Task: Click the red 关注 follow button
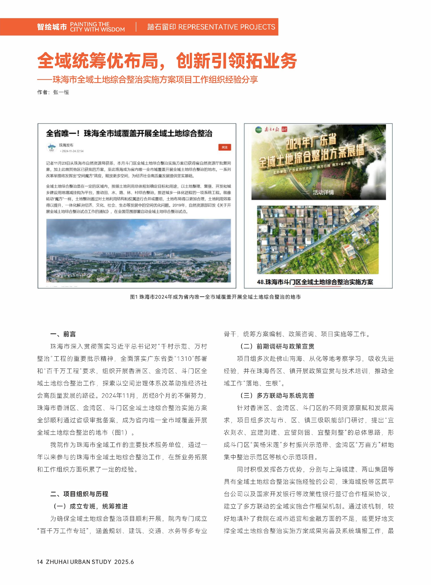pos(224,147)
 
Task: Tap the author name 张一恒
pos(61,92)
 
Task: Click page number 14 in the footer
pos(40,562)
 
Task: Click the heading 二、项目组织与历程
pos(79,494)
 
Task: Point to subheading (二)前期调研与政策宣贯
pos(277,346)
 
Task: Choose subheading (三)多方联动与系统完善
pos(277,395)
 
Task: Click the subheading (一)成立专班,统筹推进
pos(90,506)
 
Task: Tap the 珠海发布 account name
pos(66,145)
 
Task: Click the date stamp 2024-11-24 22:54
pos(72,151)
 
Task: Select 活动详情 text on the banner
pos(323,193)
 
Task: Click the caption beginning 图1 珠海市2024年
pos(215,297)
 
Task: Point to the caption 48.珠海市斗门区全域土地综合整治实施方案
pos(315,282)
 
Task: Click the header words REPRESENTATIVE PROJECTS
pos(226,27)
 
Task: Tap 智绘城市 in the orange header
pos(52,27)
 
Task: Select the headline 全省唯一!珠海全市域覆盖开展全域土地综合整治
pos(129,133)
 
